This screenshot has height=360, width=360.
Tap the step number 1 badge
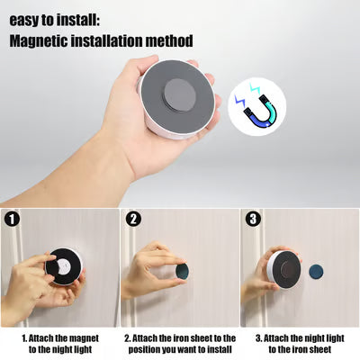pyautogui.click(x=12, y=219)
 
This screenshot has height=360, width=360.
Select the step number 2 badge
pyautogui.click(x=133, y=219)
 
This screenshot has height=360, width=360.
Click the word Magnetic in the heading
pyautogui.click(x=43, y=40)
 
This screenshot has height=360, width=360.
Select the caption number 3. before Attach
pyautogui.click(x=260, y=337)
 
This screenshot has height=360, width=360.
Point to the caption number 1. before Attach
pyautogui.click(x=26, y=337)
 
